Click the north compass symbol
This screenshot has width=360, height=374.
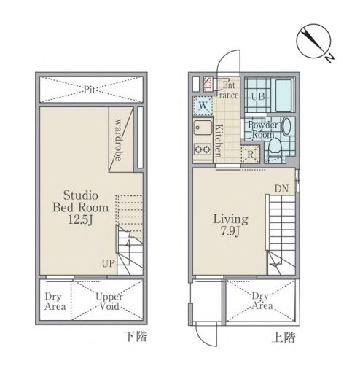coord(313,42)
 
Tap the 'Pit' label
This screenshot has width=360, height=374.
coord(90,90)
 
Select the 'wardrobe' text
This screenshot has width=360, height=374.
coord(118,140)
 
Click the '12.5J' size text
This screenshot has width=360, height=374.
coord(80,220)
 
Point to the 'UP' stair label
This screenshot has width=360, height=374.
coord(108,263)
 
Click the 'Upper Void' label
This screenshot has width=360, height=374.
coord(109,301)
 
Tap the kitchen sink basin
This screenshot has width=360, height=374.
coord(203,128)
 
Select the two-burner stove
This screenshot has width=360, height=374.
coord(203,149)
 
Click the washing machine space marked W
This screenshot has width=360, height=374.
coord(203,106)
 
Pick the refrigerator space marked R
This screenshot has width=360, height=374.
coord(250,154)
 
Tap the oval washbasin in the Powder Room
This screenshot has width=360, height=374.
coord(287,126)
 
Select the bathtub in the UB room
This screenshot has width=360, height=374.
coord(283,95)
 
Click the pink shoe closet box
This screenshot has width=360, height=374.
coord(208,84)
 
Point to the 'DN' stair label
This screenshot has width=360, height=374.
coord(281,189)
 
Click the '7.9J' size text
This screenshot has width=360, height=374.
coord(230,231)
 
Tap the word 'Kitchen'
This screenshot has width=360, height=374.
coord(219,141)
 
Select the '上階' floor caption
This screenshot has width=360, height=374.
coord(283,338)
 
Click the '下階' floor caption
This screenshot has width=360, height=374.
coord(136,337)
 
